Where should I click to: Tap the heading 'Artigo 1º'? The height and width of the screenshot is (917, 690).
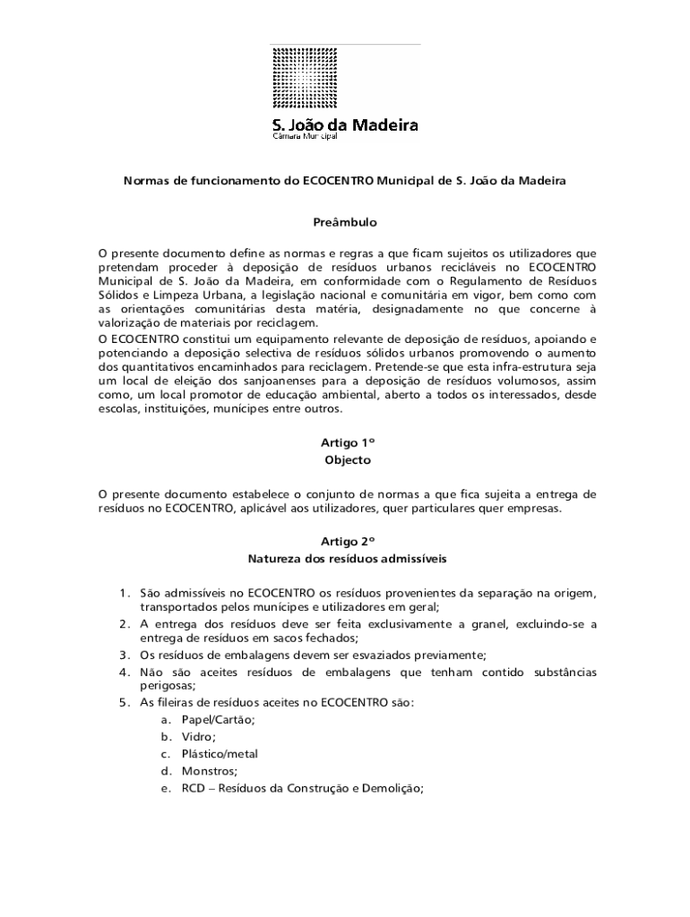point(346,443)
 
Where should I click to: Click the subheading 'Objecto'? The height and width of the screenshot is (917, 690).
point(346,460)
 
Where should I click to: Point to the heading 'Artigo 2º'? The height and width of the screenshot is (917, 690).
point(346,542)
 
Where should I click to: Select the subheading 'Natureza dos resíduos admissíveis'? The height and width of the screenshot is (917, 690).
point(346,559)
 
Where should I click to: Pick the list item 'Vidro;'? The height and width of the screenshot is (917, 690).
point(198,737)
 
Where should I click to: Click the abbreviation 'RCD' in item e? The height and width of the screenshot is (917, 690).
point(193,789)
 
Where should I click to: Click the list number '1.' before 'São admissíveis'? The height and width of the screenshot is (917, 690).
point(126,594)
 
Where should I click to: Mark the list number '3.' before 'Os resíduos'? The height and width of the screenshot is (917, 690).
point(126,655)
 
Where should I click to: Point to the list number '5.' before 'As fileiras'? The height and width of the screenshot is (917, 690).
point(126,703)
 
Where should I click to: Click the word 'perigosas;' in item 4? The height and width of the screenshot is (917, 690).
point(168,686)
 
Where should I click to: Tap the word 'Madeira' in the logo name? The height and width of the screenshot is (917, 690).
point(381,125)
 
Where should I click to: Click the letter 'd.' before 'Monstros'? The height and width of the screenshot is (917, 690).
point(166,771)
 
